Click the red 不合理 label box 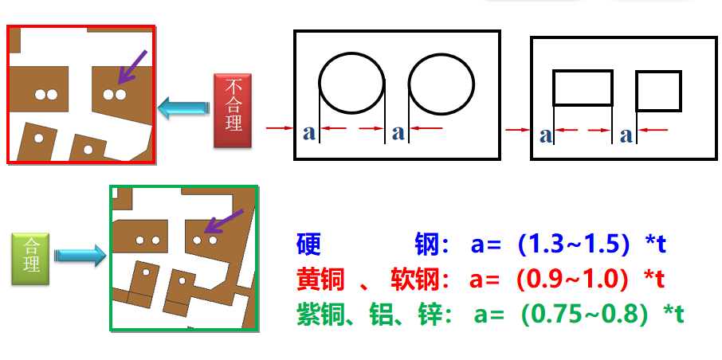233,110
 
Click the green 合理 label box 30,258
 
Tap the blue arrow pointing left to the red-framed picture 183,108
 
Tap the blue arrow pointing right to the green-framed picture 81,255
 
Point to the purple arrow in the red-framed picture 132,67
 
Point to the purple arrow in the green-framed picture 223,221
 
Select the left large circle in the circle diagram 351,84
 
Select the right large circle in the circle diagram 441,84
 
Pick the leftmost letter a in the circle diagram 309,133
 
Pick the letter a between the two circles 398,133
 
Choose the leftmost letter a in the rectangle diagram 546,136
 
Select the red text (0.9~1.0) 572,279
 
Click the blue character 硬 308,245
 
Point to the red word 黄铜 320,279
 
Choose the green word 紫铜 320,314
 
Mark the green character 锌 430,314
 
